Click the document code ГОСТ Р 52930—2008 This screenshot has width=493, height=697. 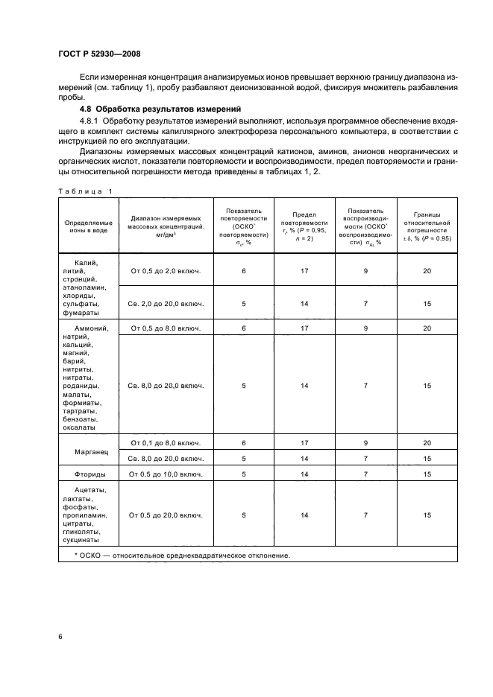[x=99, y=54]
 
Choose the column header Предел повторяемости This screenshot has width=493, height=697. [x=304, y=226]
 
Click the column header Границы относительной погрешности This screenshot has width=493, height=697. [x=427, y=226]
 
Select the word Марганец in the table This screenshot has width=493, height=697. [x=89, y=452]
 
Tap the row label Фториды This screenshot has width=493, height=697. [x=89, y=474]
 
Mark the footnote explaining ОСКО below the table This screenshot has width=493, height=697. [x=182, y=556]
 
